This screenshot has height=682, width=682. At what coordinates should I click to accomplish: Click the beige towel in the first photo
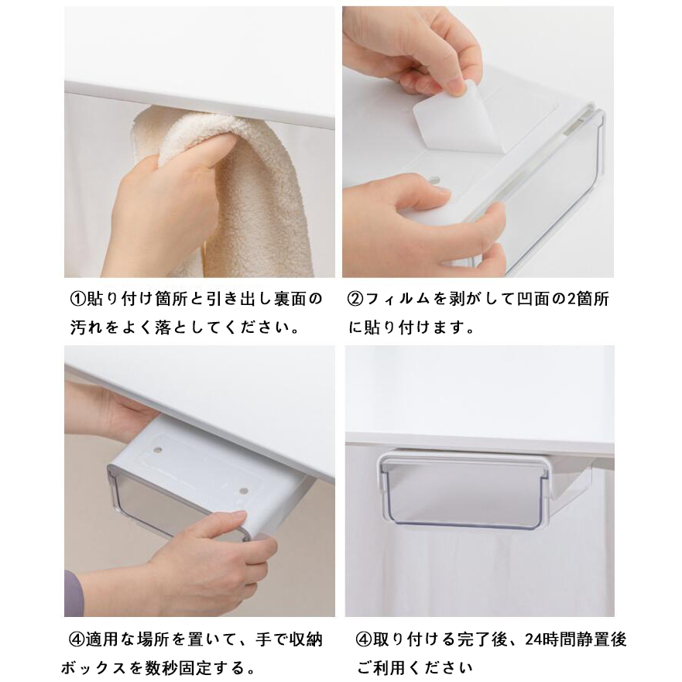click(x=244, y=191)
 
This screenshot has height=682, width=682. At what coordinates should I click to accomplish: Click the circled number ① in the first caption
click(x=77, y=299)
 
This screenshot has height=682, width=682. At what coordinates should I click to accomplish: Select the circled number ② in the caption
click(x=355, y=299)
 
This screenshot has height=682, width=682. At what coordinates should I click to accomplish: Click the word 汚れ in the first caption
click(x=87, y=327)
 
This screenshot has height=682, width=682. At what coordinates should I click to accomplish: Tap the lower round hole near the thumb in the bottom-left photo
click(x=244, y=491)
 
